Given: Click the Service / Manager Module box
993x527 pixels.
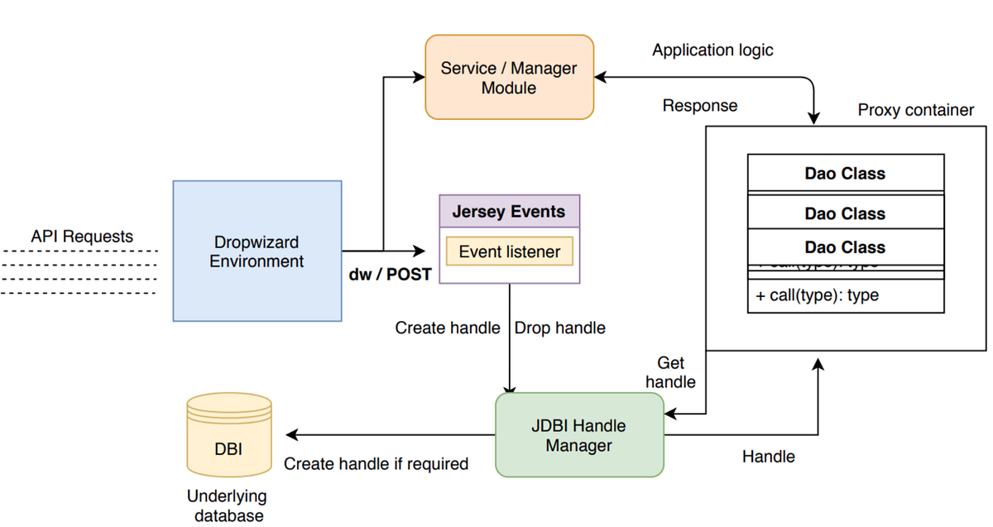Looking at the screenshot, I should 509,77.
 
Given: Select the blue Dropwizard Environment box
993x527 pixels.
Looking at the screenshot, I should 257,251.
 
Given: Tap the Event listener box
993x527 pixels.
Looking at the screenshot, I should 509,252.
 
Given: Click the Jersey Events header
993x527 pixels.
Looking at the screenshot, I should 509,211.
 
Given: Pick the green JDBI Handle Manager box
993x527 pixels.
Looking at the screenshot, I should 579,435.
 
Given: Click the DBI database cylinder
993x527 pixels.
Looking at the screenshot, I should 229,436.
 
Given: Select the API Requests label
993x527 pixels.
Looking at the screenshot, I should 81,237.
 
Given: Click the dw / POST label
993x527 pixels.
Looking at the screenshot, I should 390,275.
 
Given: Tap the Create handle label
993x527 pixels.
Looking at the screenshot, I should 447,328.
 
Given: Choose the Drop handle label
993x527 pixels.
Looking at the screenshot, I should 559,328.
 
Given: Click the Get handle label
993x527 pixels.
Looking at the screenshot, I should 670,372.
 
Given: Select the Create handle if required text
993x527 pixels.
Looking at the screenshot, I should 376,463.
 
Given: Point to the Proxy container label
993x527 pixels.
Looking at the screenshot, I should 915,110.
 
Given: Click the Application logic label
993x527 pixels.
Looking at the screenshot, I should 712,50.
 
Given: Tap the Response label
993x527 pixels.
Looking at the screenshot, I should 700,106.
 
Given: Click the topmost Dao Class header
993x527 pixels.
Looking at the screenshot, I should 845,174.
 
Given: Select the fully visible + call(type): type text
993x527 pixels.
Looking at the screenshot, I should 817,295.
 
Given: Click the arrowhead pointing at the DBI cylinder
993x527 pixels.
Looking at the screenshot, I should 290,435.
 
